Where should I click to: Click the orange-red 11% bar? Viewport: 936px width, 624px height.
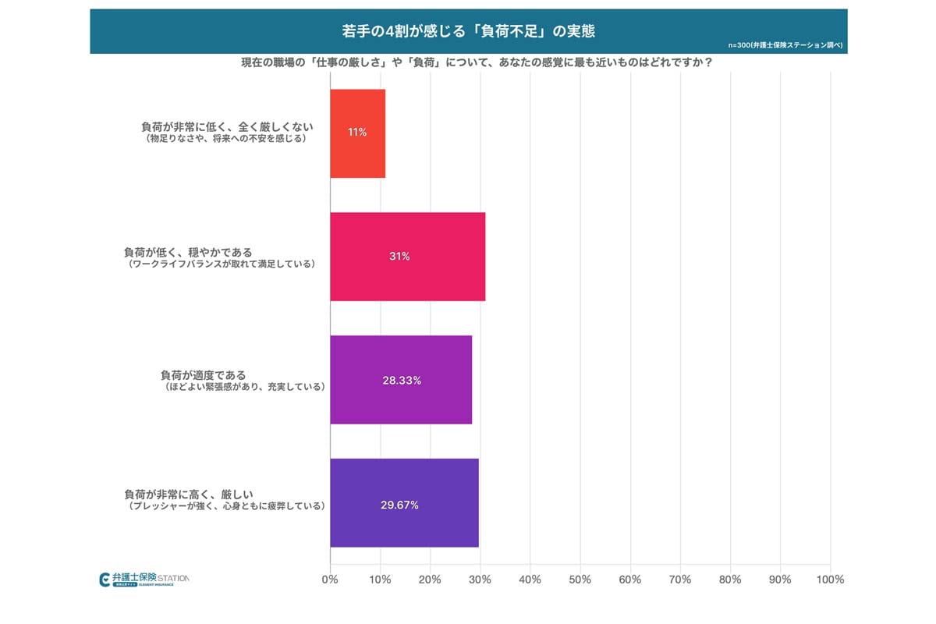357,133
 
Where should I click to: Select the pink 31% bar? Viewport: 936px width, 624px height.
407,257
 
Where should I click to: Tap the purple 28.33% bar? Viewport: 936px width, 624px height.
401,380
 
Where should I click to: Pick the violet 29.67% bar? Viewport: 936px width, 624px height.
404,503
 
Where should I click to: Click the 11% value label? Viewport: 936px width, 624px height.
357,133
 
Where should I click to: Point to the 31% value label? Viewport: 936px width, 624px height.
399,257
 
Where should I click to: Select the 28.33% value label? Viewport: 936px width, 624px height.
401,381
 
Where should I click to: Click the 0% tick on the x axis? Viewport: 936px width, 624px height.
330,580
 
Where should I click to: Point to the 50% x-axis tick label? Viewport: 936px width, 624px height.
580,580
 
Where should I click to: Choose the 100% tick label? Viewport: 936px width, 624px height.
830,580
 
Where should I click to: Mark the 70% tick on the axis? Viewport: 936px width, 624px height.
680,580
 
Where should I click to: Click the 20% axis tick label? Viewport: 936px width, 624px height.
430,580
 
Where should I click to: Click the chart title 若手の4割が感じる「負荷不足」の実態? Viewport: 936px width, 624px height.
468,30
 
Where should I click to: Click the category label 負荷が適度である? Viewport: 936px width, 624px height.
203,375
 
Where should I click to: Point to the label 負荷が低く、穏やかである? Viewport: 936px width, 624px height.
188,252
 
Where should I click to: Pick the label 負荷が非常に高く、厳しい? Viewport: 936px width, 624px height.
188,494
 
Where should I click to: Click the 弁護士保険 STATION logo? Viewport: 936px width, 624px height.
144,580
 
